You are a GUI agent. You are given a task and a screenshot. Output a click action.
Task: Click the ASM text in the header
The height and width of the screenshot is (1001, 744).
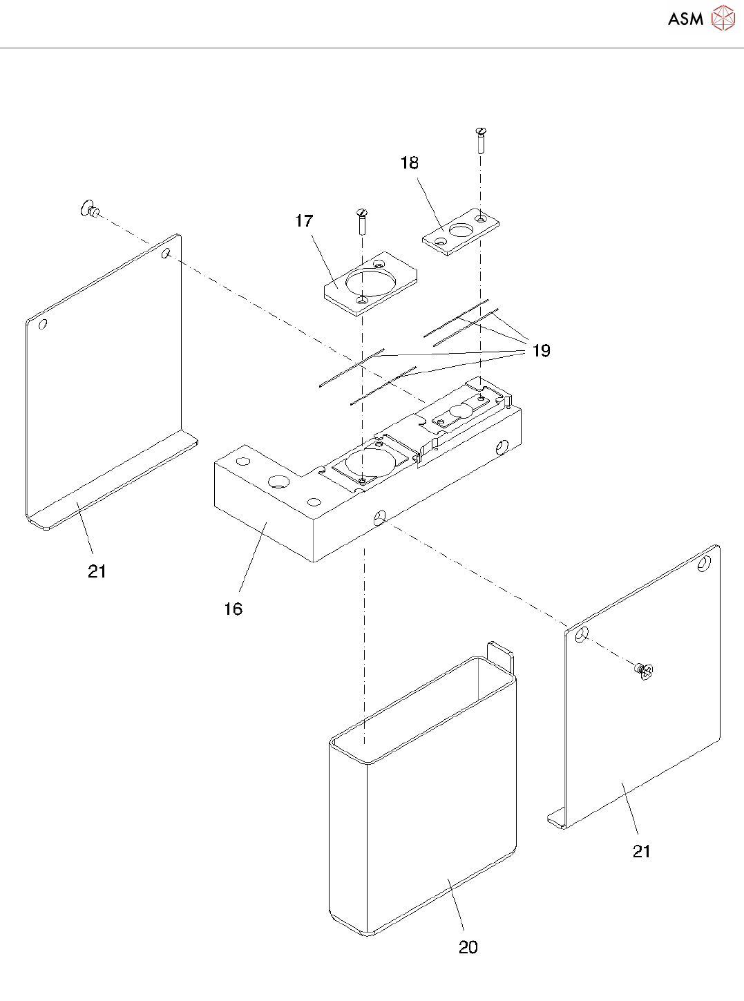pyautogui.click(x=685, y=19)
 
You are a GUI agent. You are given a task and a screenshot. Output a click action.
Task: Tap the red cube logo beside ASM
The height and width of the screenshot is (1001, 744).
pyautogui.click(x=723, y=19)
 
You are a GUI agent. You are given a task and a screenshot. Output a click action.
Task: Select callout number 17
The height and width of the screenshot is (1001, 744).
pyautogui.click(x=304, y=221)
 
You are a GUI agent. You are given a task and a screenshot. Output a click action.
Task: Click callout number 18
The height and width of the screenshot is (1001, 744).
pyautogui.click(x=410, y=163)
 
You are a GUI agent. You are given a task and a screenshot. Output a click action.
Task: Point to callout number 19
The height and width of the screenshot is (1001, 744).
pyautogui.click(x=542, y=351)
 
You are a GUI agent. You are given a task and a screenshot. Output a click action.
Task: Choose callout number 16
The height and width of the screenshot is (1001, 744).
pyautogui.click(x=233, y=609)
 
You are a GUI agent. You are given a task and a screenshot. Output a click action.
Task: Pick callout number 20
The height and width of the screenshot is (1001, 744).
pyautogui.click(x=468, y=947)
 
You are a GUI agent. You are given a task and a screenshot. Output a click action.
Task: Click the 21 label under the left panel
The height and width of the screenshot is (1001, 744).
pyautogui.click(x=97, y=571)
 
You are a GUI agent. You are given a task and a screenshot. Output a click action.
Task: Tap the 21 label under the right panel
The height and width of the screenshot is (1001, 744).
pyautogui.click(x=642, y=852)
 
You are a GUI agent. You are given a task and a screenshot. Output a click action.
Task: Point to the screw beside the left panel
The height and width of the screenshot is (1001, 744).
pyautogui.click(x=90, y=209)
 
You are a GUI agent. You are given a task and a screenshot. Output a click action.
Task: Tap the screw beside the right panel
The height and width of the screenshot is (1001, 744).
pyautogui.click(x=645, y=670)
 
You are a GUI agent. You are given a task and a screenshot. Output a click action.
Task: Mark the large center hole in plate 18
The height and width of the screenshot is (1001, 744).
pyautogui.click(x=460, y=231)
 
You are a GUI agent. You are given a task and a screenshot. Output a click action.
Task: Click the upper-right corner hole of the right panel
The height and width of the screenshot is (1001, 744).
pyautogui.click(x=704, y=564)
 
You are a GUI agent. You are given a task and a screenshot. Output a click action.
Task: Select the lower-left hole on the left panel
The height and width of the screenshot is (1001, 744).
pyautogui.click(x=43, y=324)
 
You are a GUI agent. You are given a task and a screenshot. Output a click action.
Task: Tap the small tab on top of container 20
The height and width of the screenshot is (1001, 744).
pyautogui.click(x=501, y=653)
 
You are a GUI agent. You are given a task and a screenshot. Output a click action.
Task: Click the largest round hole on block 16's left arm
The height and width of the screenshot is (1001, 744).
pyautogui.click(x=278, y=482)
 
